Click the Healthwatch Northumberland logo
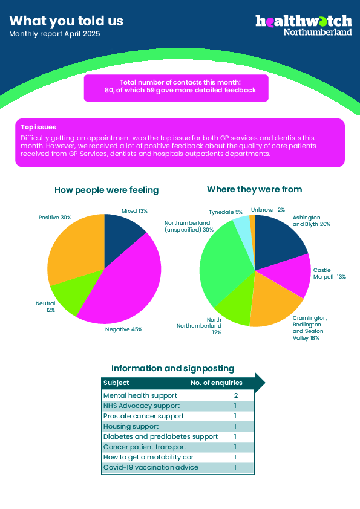pos(304,25)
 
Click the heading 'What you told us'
pos(67,21)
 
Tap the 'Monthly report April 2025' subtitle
pos(54,34)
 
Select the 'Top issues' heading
pos(38,127)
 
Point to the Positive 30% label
pos(55,218)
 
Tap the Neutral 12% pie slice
pos(73,292)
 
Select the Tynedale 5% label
pos(226,212)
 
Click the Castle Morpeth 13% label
pos(330,273)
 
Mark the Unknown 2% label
pos(267,210)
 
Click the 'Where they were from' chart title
pos(254,189)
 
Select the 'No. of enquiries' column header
pos(217,383)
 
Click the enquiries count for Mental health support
pos(236,395)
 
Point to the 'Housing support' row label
pos(131,426)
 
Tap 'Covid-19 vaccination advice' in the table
pos(151,467)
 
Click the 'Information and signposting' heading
pos(173,368)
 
